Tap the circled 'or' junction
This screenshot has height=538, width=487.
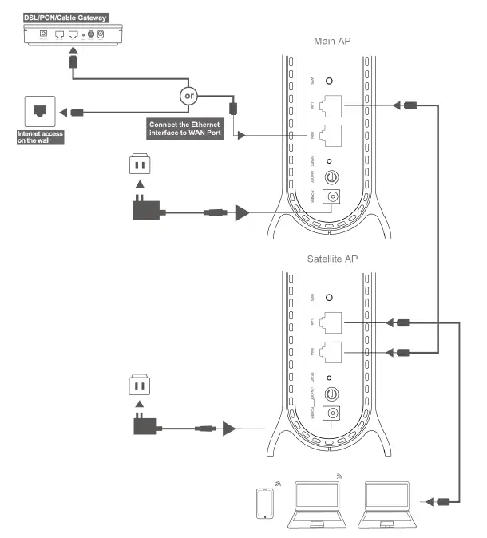pyautogui.click(x=190, y=96)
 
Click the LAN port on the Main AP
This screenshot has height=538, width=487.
pyautogui.click(x=329, y=105)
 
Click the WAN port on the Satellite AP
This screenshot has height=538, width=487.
pyautogui.click(x=329, y=352)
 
